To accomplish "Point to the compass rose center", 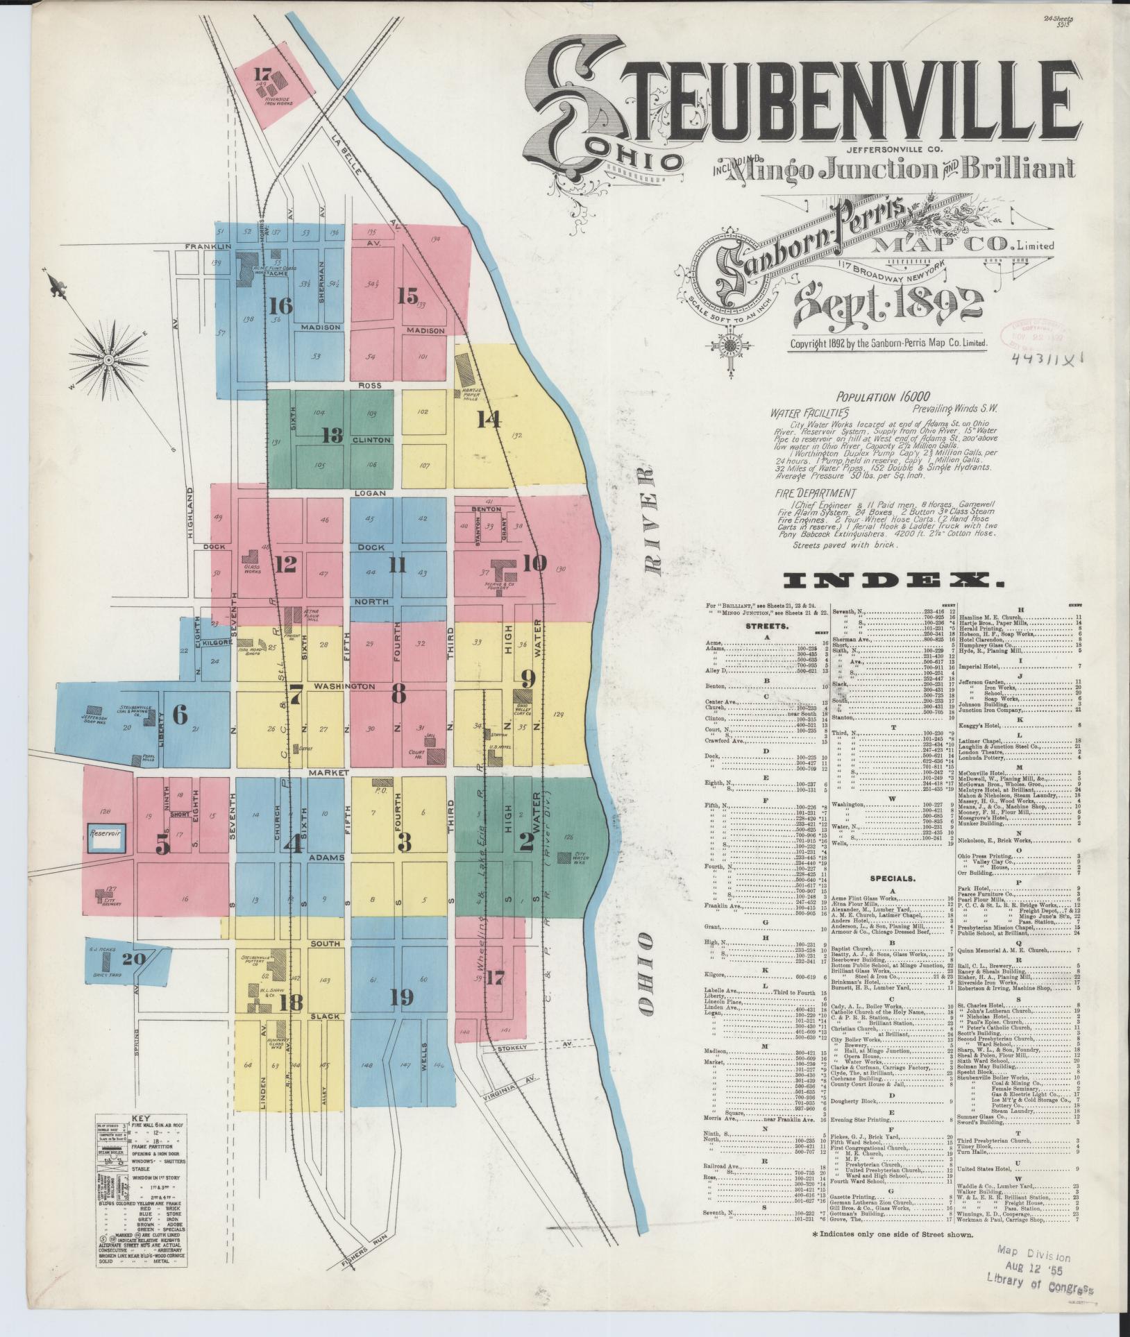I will pos(108,359).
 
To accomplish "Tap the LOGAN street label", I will pos(365,493).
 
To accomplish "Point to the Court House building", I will pos(437,756).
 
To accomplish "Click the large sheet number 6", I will pos(180,715).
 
